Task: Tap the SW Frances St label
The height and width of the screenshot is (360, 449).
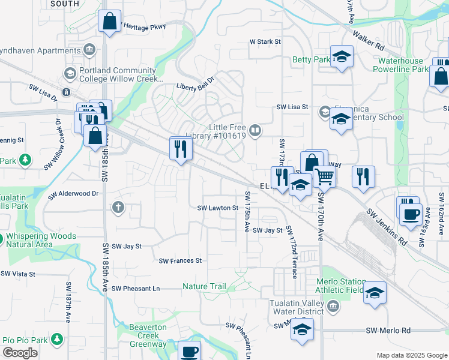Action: (180, 261)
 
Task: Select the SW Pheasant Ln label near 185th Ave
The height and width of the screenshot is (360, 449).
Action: (136, 288)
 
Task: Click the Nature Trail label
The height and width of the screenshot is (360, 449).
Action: (205, 287)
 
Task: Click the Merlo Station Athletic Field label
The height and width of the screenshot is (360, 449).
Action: (341, 286)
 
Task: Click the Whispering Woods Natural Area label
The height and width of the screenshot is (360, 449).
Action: (41, 241)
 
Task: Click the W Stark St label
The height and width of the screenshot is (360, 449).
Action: (265, 42)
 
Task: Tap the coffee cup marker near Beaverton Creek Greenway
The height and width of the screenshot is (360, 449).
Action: (190, 350)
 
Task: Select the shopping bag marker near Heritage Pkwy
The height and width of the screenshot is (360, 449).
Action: (110, 22)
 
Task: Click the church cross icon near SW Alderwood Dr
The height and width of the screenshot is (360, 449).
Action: (118, 208)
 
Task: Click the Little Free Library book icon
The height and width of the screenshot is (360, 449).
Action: (255, 131)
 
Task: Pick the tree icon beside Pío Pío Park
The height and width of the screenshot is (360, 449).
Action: (58, 340)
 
